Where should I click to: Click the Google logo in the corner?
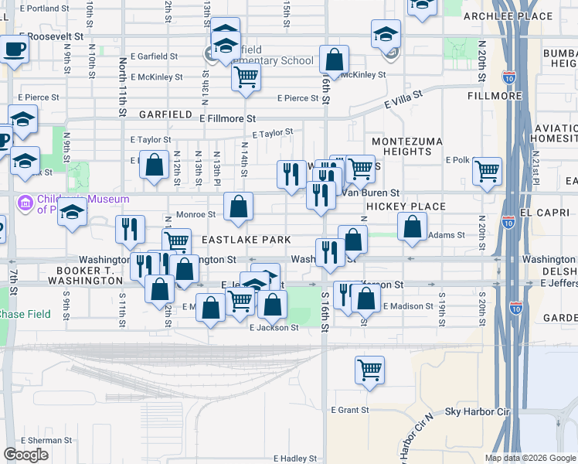25,455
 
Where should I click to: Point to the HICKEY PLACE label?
406,206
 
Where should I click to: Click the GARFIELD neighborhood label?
165,114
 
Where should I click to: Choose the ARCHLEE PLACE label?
497,16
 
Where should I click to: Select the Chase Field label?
25,314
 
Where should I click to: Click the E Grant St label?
349,410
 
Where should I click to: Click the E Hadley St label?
284,459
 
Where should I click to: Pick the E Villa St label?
403,100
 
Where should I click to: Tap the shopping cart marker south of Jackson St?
370,369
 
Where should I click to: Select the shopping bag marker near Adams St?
413,227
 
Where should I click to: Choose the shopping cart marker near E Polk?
487,171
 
